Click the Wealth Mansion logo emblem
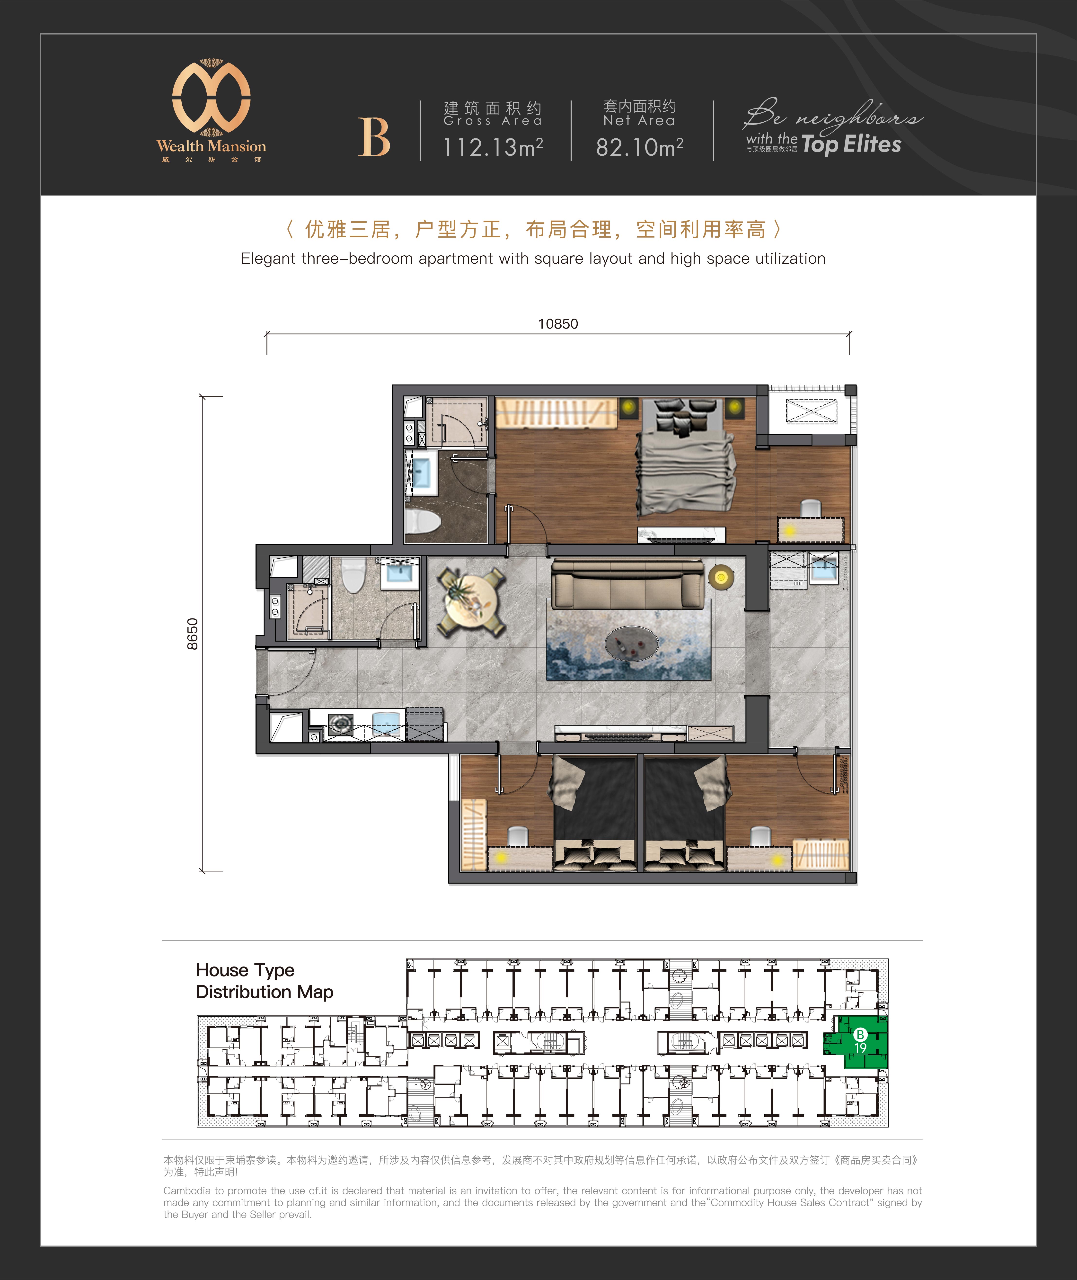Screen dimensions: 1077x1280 point(211,97)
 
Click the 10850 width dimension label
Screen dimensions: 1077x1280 point(557,324)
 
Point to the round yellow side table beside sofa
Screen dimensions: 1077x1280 point(721,576)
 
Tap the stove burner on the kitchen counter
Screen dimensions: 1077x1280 point(340,724)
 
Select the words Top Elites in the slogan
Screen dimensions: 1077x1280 point(851,144)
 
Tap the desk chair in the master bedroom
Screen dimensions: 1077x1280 point(810,509)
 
